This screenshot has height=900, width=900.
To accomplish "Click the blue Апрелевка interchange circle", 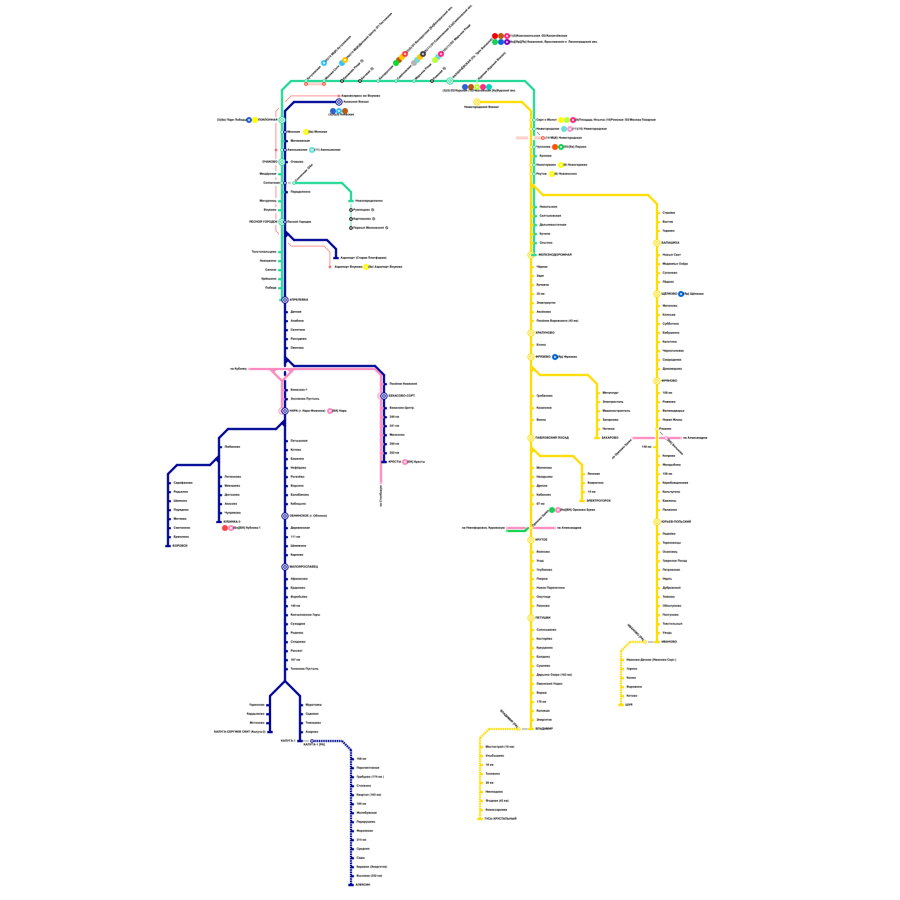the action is [x=285, y=300].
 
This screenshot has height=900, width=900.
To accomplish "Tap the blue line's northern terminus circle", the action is [x=339, y=102].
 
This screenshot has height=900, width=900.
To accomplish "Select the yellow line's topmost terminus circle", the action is [x=477, y=102].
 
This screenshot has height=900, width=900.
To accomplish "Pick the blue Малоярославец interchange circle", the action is [x=285, y=567].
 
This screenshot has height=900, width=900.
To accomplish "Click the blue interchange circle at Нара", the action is [x=285, y=411].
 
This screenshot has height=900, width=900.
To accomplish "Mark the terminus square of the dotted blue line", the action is [x=351, y=885].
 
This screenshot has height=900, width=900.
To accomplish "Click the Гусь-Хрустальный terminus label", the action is [x=500, y=819].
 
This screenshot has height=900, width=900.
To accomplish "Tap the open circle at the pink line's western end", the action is [x=249, y=369].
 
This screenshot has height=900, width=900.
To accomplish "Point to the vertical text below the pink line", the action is [x=381, y=496].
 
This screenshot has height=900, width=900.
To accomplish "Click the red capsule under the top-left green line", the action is [x=315, y=84].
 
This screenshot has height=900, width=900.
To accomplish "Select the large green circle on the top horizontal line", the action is [x=450, y=81].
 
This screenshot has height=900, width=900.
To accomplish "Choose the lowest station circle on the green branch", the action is [x=351, y=228].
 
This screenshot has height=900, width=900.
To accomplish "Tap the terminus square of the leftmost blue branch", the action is [x=168, y=546].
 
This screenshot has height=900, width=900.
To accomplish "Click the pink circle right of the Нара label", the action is [x=330, y=411].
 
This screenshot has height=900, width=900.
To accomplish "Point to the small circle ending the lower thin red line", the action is [x=330, y=267].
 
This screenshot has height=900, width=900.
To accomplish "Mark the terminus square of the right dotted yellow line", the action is [x=621, y=705].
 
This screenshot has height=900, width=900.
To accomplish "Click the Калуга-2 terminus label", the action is [x=288, y=741].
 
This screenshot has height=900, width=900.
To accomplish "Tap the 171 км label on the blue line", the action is [x=296, y=537].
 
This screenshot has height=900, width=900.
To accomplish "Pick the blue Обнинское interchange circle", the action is [x=285, y=516].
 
